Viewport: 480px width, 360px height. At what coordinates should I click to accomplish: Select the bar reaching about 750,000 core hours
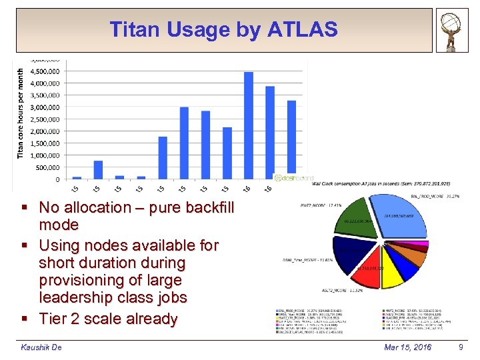click(x=98, y=170)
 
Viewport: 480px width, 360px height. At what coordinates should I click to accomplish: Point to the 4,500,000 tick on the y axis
click(x=43, y=71)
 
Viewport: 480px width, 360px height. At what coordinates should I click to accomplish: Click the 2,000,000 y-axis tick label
click(x=43, y=131)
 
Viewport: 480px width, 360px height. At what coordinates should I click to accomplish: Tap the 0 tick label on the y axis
click(x=57, y=179)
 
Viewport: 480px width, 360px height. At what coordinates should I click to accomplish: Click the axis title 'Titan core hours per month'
click(x=21, y=113)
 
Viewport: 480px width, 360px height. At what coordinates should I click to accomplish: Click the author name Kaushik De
click(x=41, y=347)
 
